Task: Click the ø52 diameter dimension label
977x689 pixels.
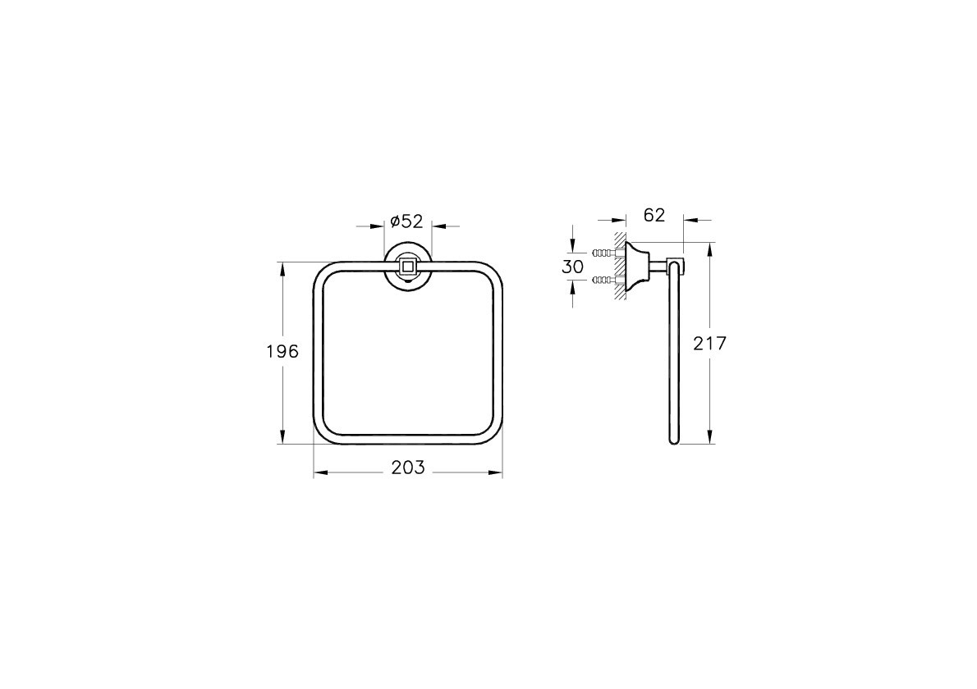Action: click(406, 221)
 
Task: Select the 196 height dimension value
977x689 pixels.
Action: click(282, 352)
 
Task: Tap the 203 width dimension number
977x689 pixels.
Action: click(408, 468)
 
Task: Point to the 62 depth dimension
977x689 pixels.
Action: click(654, 216)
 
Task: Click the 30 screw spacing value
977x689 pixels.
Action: click(572, 267)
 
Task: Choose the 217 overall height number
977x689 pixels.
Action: click(709, 344)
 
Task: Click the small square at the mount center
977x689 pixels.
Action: click(408, 267)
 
